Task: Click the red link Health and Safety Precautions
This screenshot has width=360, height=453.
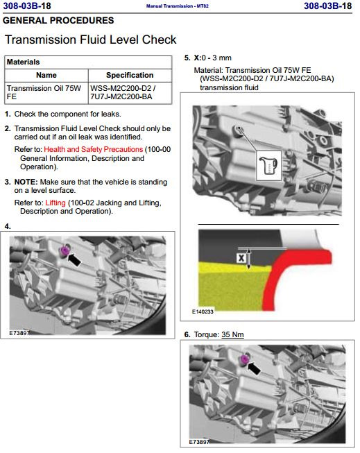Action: tap(94, 149)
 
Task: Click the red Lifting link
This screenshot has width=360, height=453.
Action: tap(55, 203)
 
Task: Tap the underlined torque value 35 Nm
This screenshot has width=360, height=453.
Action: tap(232, 334)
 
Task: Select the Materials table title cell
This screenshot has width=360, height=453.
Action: tap(88, 62)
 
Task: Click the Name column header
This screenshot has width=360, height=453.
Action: tap(46, 75)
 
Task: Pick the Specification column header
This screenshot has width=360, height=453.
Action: tap(130, 75)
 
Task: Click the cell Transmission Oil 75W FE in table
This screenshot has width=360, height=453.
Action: tap(46, 93)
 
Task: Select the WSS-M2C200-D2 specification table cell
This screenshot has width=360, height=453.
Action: tap(130, 93)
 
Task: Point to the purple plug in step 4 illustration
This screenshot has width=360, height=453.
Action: tap(64, 250)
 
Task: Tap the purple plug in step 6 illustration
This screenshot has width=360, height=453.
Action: tap(244, 359)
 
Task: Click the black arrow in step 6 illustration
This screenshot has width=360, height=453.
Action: tap(255, 368)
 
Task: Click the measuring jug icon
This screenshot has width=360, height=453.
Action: tap(268, 166)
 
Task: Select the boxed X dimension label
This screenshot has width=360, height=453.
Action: tap(241, 257)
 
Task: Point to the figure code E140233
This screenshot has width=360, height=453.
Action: tap(203, 311)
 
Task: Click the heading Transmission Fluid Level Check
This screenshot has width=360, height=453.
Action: tap(91, 40)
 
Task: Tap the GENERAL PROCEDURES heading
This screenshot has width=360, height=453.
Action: tap(58, 21)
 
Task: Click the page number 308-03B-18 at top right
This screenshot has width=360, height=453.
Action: tap(328, 6)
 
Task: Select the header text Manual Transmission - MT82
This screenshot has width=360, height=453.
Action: tap(178, 6)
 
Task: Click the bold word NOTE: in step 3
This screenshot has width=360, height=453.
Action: tap(26, 182)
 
